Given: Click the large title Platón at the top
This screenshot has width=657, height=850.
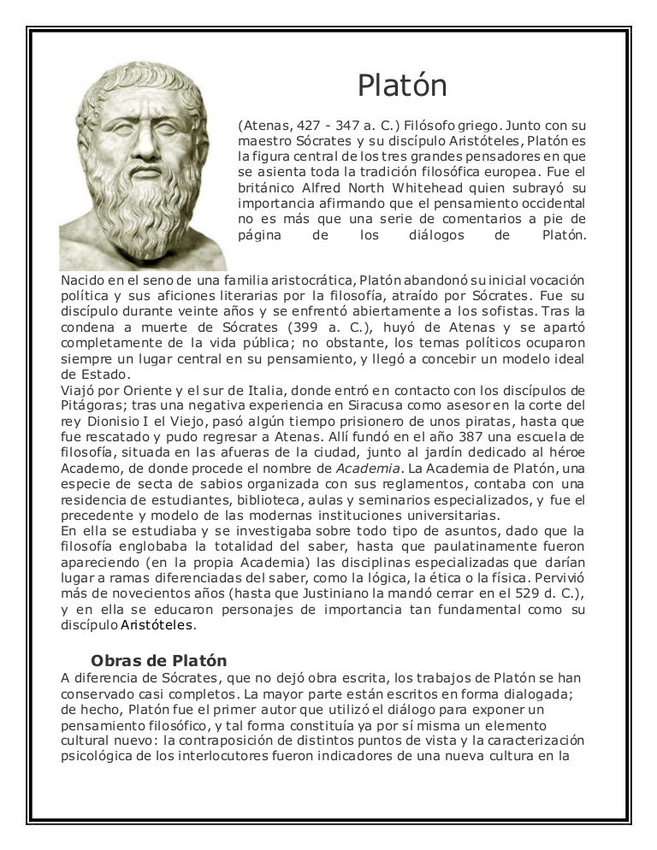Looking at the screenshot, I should pyautogui.click(x=402, y=86).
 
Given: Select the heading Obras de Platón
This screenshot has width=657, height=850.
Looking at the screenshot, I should pyautogui.click(x=159, y=660).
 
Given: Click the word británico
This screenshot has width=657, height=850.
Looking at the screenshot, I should pyautogui.click(x=266, y=186).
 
